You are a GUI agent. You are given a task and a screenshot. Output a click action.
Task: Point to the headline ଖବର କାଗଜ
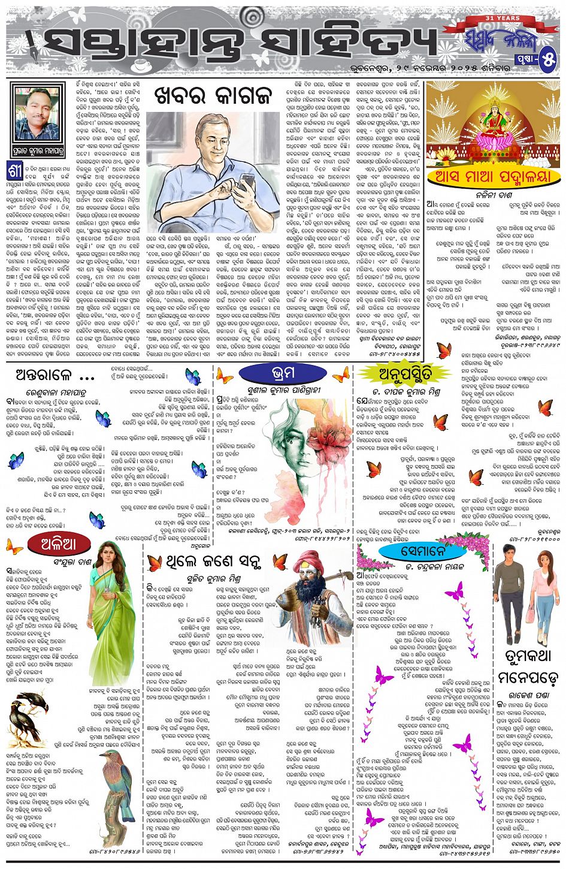(x=213, y=93)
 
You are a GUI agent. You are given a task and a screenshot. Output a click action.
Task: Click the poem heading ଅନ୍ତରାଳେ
(x=54, y=376)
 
